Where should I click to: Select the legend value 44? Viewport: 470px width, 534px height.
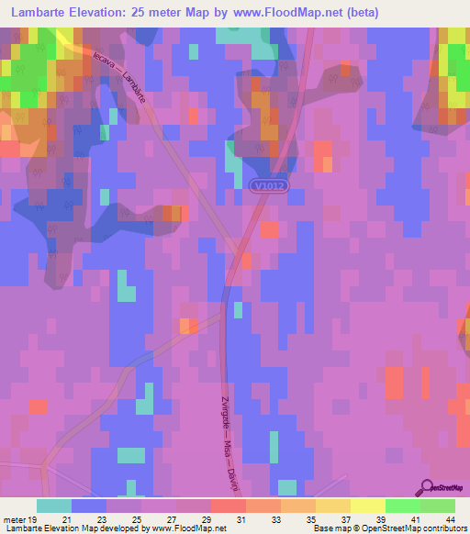tap(450, 519)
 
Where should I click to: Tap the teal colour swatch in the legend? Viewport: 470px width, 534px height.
tap(54, 506)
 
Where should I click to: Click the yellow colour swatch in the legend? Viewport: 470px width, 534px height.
tap(367, 506)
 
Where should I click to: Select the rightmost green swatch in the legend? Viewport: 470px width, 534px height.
tap(438, 506)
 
